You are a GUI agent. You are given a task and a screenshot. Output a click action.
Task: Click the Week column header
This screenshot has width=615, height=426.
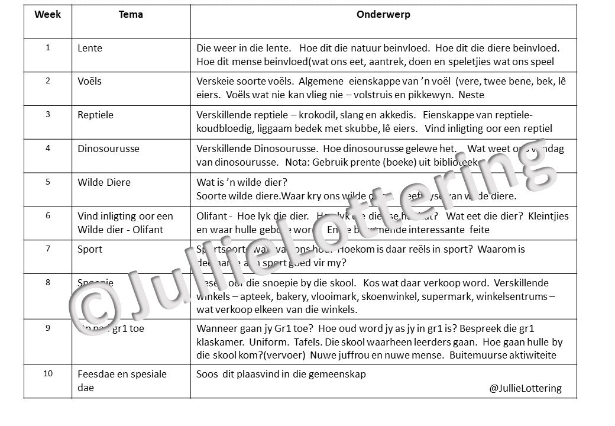47,15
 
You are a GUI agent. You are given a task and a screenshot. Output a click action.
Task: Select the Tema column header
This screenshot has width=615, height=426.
131,15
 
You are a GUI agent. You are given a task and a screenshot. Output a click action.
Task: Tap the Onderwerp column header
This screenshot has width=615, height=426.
383,15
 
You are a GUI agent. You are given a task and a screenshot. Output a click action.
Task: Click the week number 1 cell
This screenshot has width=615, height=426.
47,48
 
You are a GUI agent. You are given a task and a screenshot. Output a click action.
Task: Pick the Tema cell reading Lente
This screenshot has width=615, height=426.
90,48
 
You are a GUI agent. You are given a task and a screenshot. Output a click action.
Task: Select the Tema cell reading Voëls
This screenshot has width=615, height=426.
89,81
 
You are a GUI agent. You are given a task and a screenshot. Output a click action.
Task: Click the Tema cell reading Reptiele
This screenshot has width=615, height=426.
95,115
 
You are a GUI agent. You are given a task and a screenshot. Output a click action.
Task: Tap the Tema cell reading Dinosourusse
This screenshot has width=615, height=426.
108,149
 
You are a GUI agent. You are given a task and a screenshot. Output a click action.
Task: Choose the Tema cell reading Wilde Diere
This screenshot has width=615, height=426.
104,182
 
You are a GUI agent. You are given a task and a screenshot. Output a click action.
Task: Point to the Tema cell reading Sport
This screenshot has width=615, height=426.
90,249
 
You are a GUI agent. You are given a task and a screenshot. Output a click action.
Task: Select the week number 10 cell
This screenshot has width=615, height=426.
47,374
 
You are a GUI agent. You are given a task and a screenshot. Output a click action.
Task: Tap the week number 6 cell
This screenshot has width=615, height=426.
47,216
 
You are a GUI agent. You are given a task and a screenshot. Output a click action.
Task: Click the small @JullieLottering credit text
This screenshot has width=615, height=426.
525,389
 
